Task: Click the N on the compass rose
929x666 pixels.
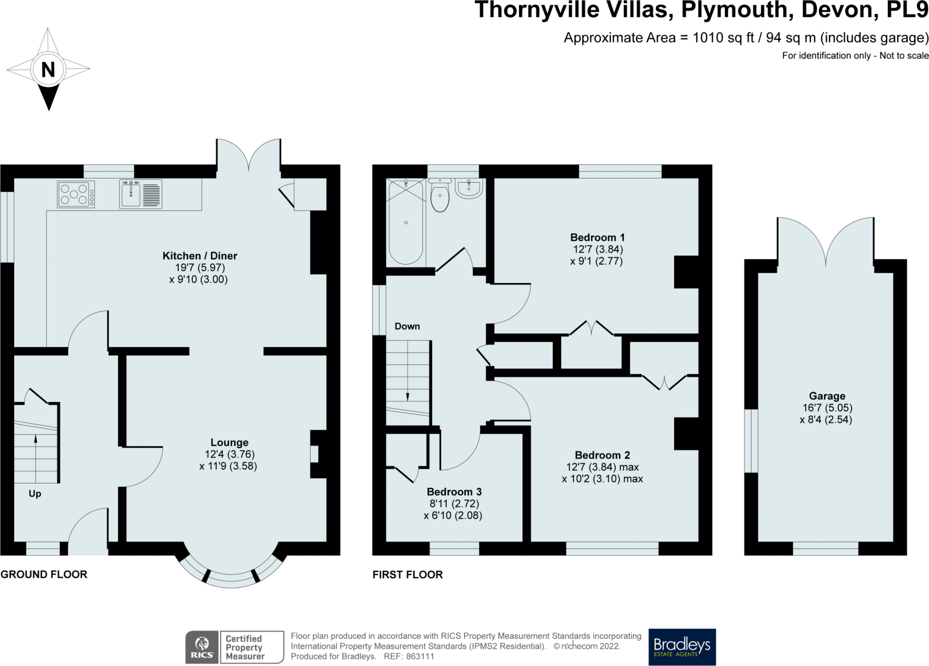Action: pos(48,70)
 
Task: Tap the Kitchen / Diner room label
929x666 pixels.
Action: pos(200,256)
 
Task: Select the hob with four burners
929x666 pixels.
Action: pos(76,194)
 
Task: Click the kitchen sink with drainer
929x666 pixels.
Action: pos(141,194)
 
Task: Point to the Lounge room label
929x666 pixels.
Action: pos(230,443)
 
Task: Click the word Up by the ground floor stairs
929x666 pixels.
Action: pos(35,494)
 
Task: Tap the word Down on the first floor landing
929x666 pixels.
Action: pos(407,326)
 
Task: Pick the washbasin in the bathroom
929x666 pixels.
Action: pos(469,188)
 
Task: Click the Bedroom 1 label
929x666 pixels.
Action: pos(597,237)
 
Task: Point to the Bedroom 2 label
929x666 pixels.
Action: pos(602,455)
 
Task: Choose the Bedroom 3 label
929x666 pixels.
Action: pos(454,492)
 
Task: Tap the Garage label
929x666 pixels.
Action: pos(827,396)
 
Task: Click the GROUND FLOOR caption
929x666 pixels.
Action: pos(44,574)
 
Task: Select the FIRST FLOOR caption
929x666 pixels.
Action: pos(408,574)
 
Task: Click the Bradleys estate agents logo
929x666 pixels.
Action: pos(682,647)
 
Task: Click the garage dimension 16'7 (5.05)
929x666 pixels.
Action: pos(826,408)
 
